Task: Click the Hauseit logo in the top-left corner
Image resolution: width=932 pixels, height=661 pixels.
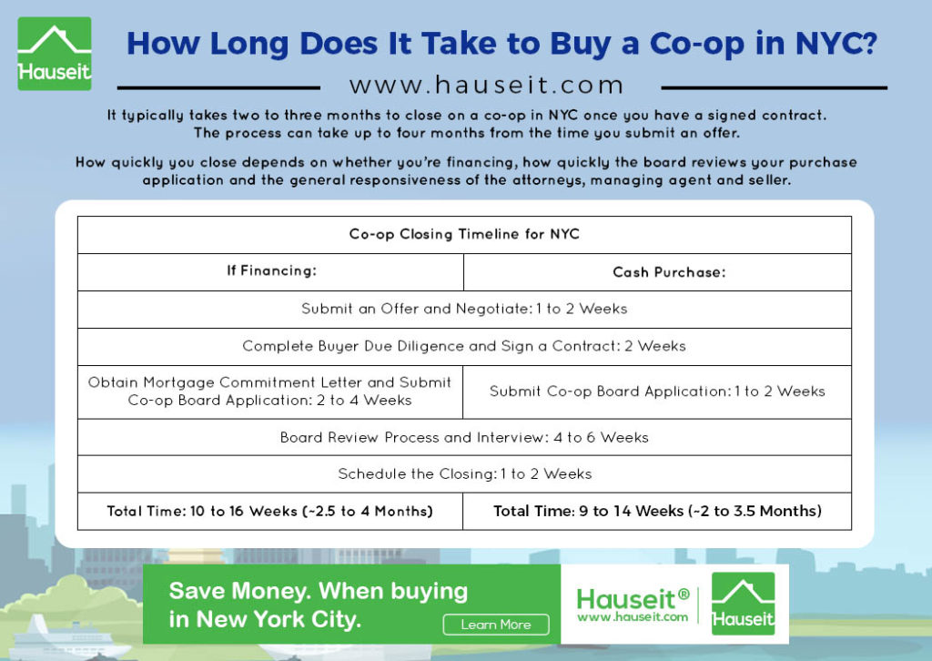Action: click(x=55, y=54)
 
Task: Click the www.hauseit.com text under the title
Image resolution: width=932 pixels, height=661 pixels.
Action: click(x=487, y=85)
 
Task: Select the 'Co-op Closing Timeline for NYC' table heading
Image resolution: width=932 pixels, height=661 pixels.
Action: click(x=464, y=234)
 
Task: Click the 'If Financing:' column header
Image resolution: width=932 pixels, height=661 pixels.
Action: click(x=271, y=271)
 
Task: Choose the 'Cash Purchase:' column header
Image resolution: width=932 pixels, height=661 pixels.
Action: click(x=669, y=272)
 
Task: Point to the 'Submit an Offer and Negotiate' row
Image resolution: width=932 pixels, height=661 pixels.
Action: click(x=464, y=309)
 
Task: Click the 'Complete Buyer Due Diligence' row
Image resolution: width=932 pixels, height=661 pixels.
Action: click(x=464, y=347)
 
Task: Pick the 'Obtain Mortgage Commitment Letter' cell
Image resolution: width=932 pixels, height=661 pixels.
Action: click(x=269, y=392)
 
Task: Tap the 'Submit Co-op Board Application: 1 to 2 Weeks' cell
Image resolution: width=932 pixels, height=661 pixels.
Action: click(x=657, y=392)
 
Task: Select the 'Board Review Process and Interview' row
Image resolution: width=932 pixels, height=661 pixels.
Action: click(x=464, y=438)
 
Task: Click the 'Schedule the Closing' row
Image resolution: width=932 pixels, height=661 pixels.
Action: click(x=464, y=474)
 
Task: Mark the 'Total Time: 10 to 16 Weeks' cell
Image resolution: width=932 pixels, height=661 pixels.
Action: click(x=269, y=511)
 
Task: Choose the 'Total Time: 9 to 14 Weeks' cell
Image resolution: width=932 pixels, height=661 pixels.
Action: click(x=657, y=511)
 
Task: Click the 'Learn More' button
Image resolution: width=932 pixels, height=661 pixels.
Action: click(x=496, y=625)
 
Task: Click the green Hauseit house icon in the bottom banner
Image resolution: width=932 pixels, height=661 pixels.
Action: click(x=743, y=604)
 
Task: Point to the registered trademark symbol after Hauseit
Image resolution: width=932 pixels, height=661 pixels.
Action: click(x=684, y=594)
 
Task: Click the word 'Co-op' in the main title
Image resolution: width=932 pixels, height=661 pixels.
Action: click(x=696, y=45)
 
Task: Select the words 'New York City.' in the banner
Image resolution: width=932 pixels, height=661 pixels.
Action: click(x=279, y=620)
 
